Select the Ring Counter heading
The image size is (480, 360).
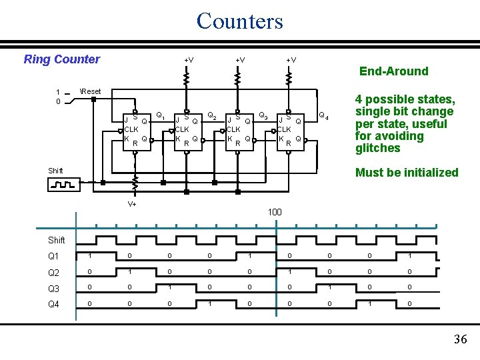(x=61, y=59)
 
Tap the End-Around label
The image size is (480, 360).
(x=393, y=71)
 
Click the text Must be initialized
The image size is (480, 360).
(x=407, y=173)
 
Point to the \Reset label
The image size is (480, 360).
(x=90, y=91)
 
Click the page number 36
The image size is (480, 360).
(x=460, y=339)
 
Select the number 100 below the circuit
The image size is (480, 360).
(x=275, y=212)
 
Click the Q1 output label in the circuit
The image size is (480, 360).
(x=160, y=115)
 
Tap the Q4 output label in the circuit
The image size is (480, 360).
(x=323, y=115)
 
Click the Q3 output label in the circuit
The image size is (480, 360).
(x=263, y=115)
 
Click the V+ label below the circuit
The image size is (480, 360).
(x=132, y=204)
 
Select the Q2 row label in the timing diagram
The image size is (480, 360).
(x=53, y=273)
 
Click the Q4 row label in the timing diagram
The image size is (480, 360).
(x=53, y=305)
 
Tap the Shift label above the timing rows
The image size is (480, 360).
(x=57, y=240)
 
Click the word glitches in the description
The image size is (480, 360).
(x=377, y=148)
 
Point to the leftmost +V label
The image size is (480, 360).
(x=189, y=61)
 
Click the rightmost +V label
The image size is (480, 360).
(x=291, y=61)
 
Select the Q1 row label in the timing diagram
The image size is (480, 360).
(x=53, y=257)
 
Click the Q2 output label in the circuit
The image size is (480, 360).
(x=211, y=115)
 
